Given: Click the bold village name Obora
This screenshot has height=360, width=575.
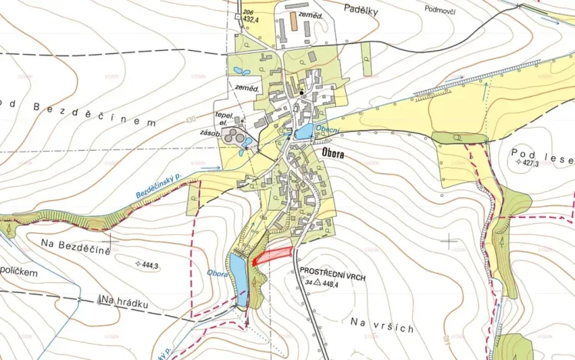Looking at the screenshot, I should [x=329, y=154].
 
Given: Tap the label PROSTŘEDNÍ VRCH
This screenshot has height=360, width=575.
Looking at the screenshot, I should [x=332, y=273].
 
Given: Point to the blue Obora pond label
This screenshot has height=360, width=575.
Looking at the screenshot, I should [x=217, y=272].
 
